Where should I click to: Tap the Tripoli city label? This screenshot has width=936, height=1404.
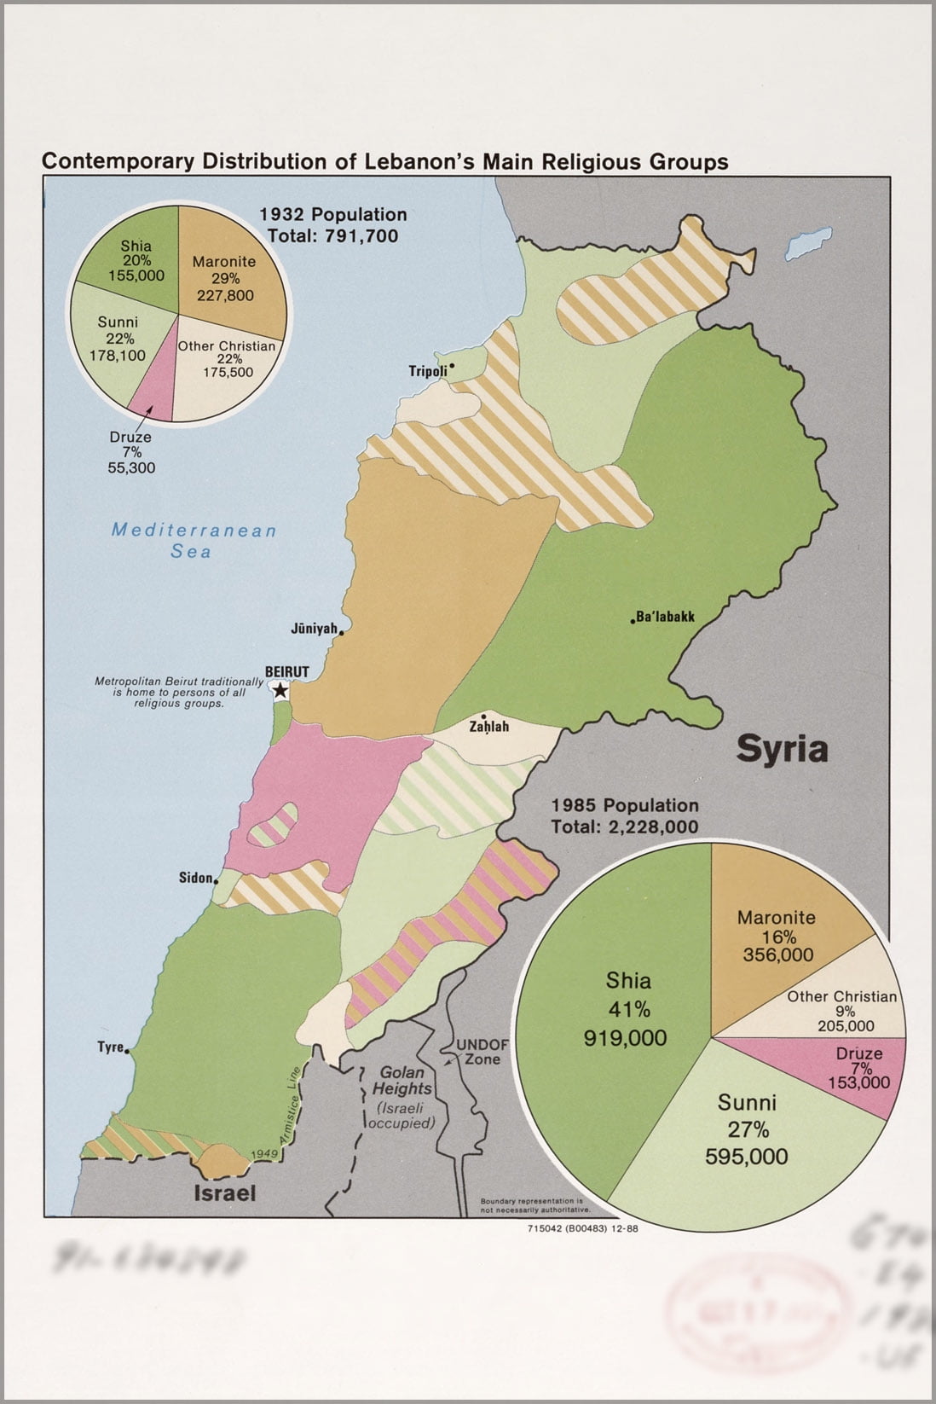[x=428, y=371]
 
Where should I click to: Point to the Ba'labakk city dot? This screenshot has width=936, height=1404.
[x=633, y=618]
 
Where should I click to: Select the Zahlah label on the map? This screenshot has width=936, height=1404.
[x=488, y=727]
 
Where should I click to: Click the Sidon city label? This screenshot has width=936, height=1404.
[x=195, y=878]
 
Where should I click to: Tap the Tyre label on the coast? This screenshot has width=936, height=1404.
[x=110, y=1047]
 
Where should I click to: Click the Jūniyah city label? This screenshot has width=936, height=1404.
[x=314, y=629]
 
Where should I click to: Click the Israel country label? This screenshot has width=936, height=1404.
[x=225, y=1192]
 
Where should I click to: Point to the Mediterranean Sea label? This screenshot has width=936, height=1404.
[x=194, y=540]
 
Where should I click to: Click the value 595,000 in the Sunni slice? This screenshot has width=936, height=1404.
[x=746, y=1157]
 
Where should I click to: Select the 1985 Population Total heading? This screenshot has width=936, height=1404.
[x=625, y=815]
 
